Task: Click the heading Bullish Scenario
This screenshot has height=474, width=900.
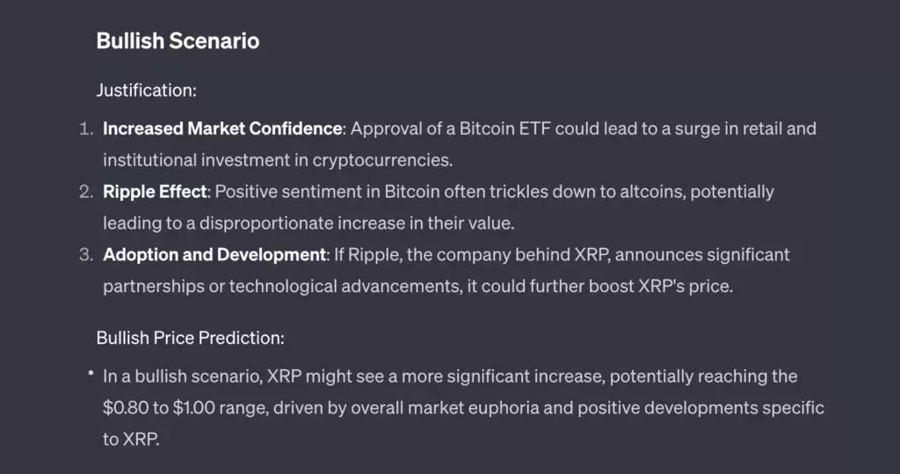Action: pos(178,41)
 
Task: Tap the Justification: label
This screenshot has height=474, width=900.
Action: pos(147,91)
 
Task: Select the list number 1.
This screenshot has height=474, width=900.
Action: pos(86,128)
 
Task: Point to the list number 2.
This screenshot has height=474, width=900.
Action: pos(86,192)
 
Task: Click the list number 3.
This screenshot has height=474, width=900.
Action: pos(86,255)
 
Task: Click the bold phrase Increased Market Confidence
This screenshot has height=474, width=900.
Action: pos(222,128)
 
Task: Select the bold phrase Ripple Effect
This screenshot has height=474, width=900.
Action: pos(155,192)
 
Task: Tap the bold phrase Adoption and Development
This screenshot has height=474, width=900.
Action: pos(214,255)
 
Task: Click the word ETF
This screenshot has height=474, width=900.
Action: pos(534,128)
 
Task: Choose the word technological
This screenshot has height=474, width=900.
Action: pos(283,287)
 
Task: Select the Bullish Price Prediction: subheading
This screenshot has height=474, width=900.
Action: pos(191,338)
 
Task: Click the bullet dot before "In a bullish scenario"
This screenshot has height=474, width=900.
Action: pos(91,373)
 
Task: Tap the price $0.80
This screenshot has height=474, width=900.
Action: pos(126,408)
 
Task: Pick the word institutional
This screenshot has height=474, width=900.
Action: pos(149,160)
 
